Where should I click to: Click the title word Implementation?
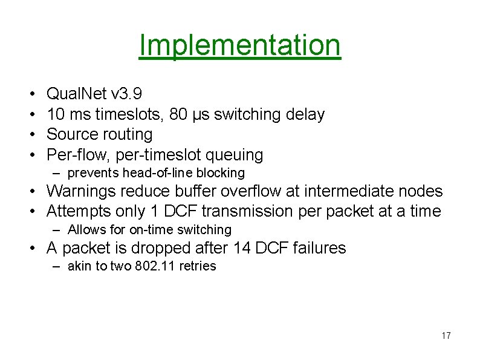tap(240, 45)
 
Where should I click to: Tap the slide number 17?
tap(446, 336)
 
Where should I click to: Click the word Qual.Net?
tap(77, 94)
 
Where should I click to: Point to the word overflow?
tap(259, 191)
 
